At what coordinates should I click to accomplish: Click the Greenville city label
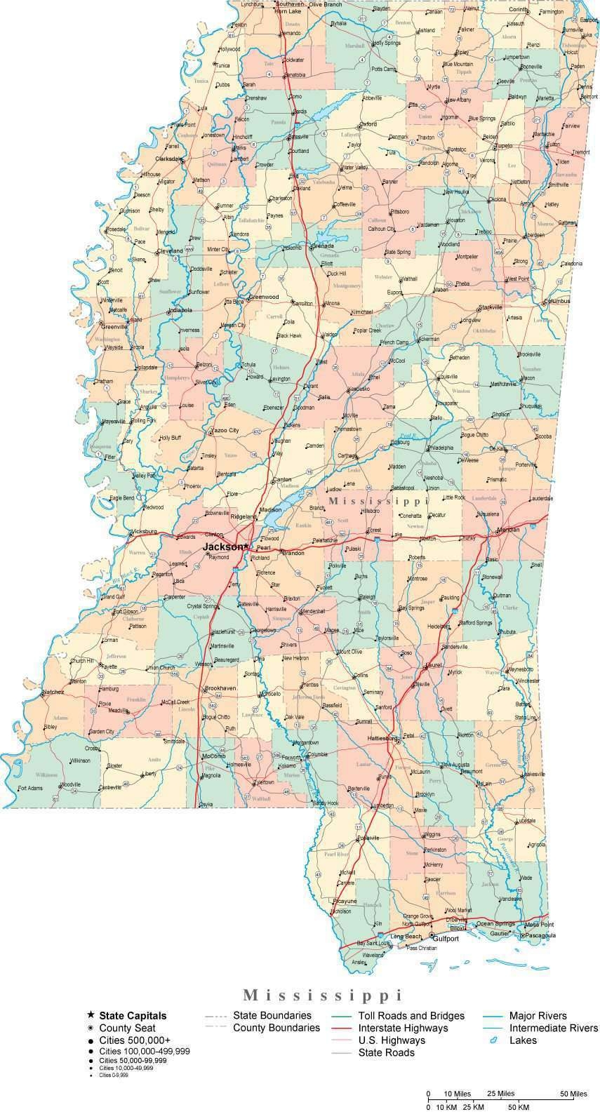click(114, 326)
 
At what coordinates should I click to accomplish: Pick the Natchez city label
click(53, 692)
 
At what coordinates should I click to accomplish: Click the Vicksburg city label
click(145, 531)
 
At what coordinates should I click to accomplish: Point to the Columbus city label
click(556, 301)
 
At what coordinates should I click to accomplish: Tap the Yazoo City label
click(225, 430)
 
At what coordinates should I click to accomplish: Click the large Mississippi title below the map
click(323, 995)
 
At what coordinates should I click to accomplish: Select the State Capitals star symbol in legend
click(91, 1015)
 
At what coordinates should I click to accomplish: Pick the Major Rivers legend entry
click(538, 1015)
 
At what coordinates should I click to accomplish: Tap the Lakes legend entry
click(523, 1040)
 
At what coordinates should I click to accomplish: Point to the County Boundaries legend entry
click(276, 1028)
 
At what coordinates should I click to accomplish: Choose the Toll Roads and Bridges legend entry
click(411, 1015)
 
